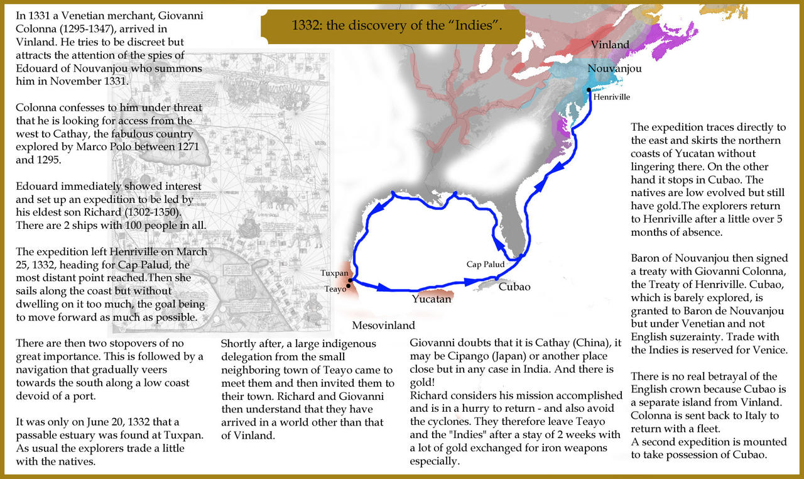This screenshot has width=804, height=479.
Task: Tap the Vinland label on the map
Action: coord(610,45)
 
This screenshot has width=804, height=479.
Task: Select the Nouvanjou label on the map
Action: coord(614,69)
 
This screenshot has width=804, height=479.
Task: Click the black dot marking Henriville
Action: coord(589,91)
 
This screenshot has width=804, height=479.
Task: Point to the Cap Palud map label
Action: coord(486,265)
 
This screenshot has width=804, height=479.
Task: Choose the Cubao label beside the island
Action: coord(514,287)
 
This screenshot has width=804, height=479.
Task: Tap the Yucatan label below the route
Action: coord(432,299)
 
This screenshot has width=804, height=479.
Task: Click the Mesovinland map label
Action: coord(383,326)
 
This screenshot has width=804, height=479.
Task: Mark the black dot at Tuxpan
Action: coord(350,280)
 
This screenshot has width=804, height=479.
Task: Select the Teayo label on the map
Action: coord(335,290)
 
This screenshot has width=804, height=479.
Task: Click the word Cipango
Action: coord(452,356)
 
